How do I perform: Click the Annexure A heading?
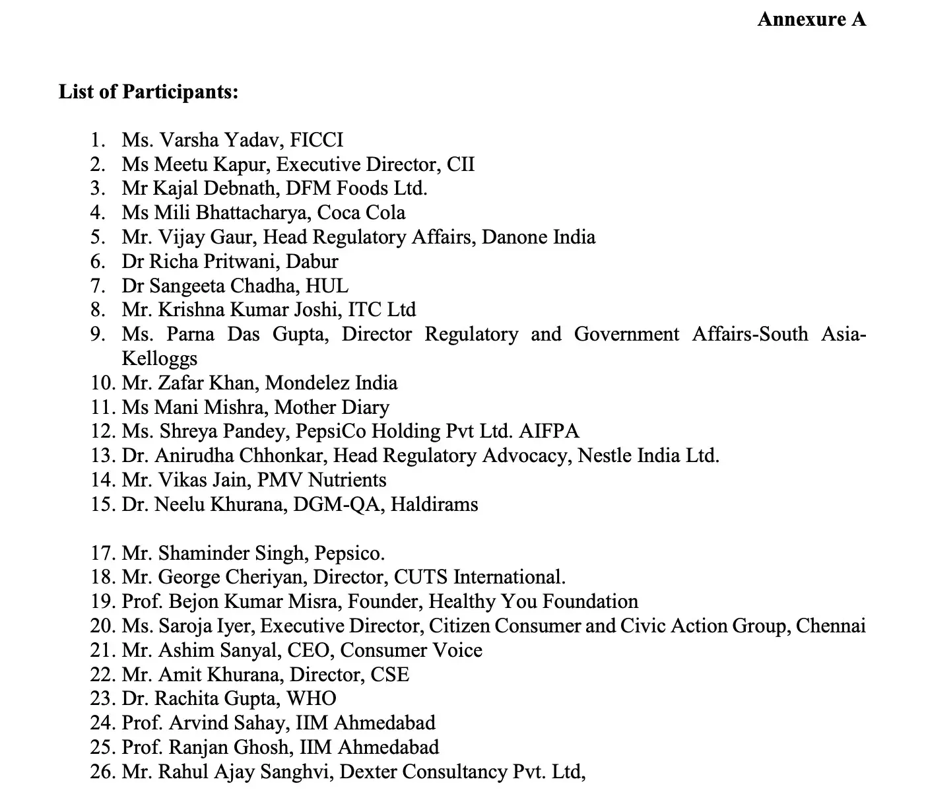coord(811,19)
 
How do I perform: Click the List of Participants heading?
coord(149,91)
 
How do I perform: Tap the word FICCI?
coord(317,140)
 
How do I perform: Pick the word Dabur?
coord(312,261)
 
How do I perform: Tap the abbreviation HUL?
coord(327,286)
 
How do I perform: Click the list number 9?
coord(98,334)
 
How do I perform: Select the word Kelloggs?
coord(159,358)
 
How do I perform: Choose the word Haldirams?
coord(434,504)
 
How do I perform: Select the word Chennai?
coord(830,626)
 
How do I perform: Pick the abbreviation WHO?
coord(312,698)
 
